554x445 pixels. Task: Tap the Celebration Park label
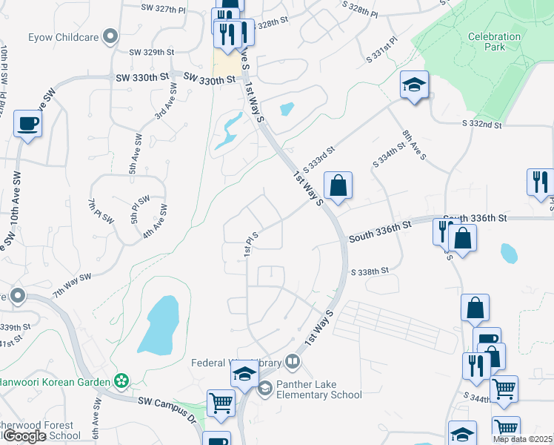(x=486, y=41)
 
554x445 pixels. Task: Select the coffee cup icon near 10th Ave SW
(x=28, y=124)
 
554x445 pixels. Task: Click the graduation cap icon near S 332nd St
(x=414, y=85)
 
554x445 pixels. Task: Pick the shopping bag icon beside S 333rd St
(x=338, y=186)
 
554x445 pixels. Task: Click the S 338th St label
(x=370, y=272)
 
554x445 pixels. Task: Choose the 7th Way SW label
(x=71, y=286)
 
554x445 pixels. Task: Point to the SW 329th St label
(x=151, y=53)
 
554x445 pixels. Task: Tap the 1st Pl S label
(x=253, y=246)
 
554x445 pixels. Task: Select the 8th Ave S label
(x=415, y=145)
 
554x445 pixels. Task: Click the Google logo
(x=24, y=436)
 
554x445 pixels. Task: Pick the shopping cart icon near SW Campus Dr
(x=221, y=403)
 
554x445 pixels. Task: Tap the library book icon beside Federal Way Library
(x=293, y=362)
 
